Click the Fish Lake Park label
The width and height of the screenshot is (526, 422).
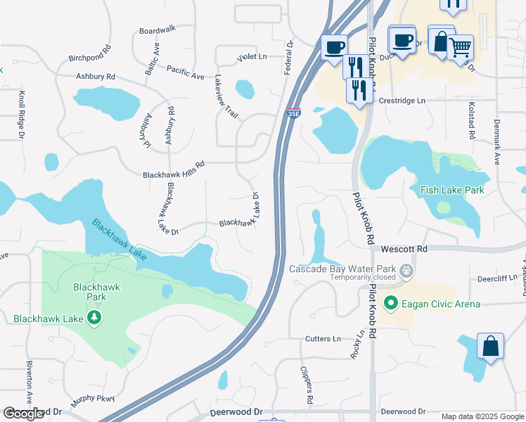coord(452,190)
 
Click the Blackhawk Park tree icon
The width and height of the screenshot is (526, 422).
coord(95,319)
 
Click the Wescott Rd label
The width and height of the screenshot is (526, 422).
coord(404,249)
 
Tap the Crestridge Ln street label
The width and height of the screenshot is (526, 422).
coord(402,101)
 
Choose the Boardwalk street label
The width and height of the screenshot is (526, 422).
coord(157,30)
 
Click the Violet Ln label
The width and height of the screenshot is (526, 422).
coord(252,56)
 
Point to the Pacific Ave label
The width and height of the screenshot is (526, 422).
coord(185,69)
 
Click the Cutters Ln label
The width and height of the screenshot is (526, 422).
coord(323,338)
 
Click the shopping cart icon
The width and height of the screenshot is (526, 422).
coord(460,47)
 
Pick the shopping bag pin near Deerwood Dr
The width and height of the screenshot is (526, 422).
coord(490,346)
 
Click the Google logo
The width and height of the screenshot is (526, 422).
coord(23,414)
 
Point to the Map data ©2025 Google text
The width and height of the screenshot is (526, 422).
coord(482,416)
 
